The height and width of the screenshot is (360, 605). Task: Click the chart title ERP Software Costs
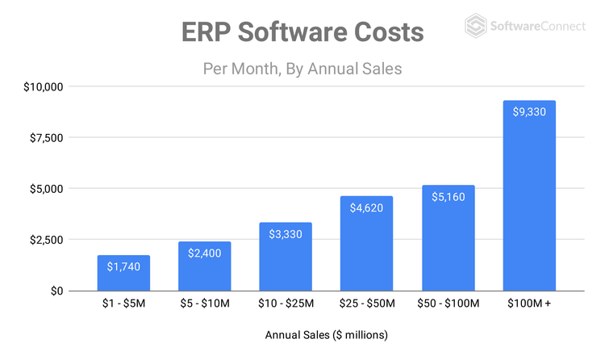tap(302, 33)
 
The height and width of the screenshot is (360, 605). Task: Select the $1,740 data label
tap(123, 266)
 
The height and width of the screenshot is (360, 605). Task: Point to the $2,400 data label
tap(204, 253)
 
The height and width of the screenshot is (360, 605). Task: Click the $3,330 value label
tap(286, 233)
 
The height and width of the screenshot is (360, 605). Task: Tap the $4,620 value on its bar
tap(367, 207)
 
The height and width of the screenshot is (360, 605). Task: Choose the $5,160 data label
tap(448, 196)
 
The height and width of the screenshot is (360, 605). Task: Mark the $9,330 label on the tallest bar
tap(529, 111)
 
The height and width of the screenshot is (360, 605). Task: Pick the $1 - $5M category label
tap(123, 304)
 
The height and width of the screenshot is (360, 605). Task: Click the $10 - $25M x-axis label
tap(286, 304)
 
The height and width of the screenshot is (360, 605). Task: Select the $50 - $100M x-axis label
tap(448, 304)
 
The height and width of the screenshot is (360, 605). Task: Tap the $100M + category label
tap(529, 304)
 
